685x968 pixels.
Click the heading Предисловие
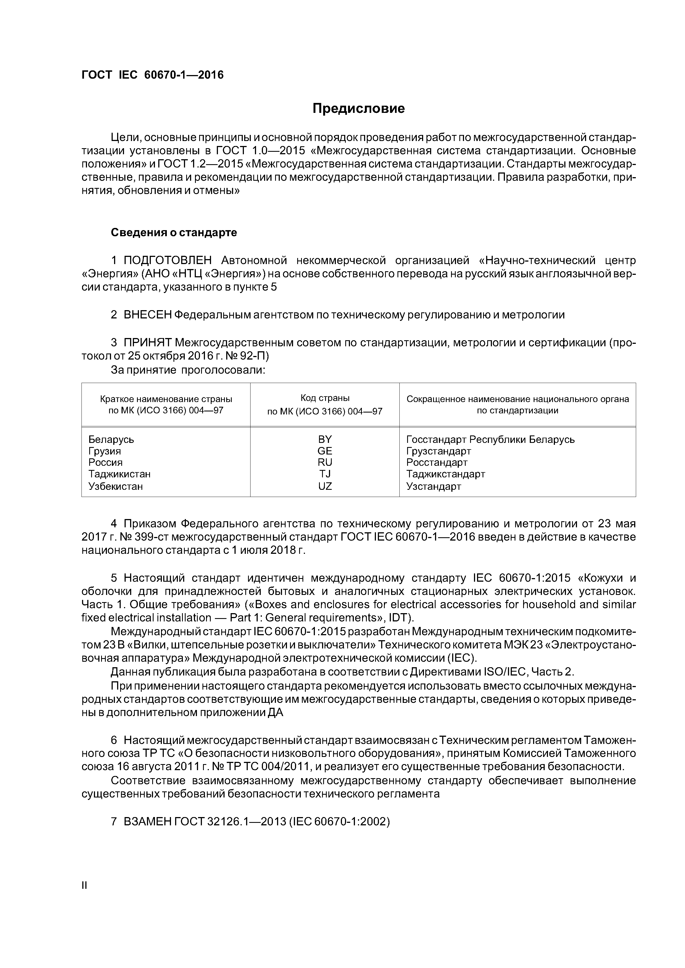coord(358,109)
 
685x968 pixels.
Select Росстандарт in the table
coord(437,462)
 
